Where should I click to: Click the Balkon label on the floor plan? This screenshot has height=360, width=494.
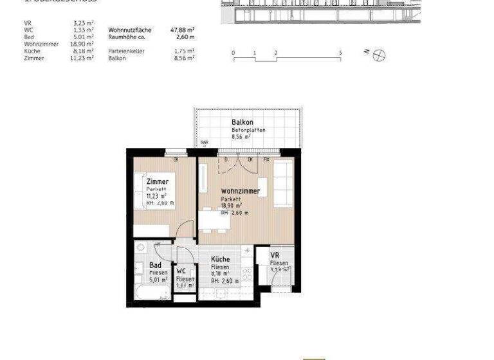[242, 122]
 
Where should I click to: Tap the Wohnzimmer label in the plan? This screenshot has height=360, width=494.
[240, 191]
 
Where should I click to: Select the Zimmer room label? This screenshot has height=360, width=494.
[158, 182]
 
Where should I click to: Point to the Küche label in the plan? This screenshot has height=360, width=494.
[221, 259]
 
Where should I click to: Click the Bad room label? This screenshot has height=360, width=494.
[155, 265]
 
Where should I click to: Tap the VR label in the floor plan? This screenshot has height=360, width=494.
[275, 255]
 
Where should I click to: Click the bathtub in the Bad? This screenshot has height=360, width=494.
[152, 292]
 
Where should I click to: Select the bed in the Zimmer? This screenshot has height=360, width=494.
[152, 199]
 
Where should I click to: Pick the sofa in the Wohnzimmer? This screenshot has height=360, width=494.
[284, 183]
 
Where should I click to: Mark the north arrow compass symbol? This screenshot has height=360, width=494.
[379, 55]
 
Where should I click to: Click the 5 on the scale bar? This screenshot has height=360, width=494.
[340, 52]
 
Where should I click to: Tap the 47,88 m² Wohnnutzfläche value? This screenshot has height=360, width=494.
[182, 30]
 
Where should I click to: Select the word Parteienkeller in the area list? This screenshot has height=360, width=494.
[125, 51]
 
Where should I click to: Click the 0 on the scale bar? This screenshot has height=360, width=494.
[233, 52]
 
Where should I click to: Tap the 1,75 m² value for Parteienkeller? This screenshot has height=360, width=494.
[184, 51]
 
